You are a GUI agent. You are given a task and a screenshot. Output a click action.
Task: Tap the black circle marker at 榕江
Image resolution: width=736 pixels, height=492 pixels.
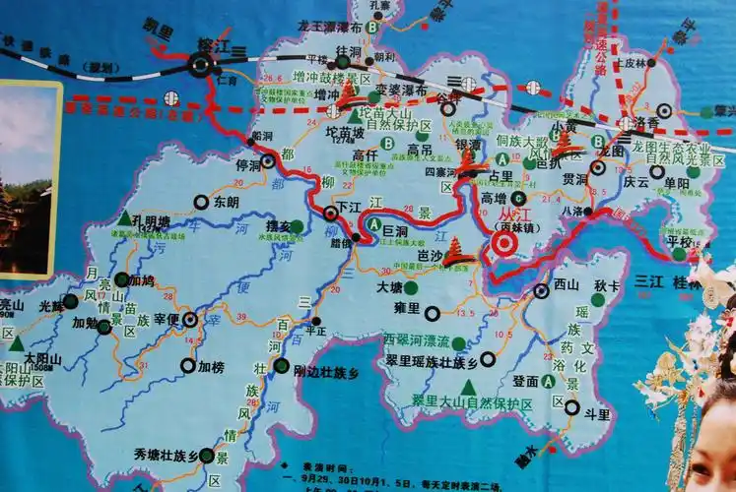coord(200,66)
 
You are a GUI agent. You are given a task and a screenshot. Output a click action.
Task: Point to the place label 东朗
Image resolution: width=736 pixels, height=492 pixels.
coord(225,202)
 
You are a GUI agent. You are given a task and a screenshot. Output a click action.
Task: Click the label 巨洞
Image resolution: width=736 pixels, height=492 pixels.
coord(394,229)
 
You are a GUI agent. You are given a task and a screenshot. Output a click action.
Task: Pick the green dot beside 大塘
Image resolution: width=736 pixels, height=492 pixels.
coord(410,288)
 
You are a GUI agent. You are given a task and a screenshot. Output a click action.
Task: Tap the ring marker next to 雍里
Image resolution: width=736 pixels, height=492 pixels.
coord(432,313)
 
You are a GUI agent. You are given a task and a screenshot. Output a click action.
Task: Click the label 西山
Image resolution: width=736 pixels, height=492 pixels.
coord(567,284)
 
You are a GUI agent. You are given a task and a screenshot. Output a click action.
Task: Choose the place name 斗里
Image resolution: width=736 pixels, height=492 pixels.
coord(597,415)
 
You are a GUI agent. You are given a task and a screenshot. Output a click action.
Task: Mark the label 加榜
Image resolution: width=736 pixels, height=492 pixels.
coord(211,366)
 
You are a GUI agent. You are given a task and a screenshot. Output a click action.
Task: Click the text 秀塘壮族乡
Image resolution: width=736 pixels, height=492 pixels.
coord(166,455)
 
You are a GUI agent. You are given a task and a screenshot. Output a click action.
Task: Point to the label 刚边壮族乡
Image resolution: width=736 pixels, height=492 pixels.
coord(326,372)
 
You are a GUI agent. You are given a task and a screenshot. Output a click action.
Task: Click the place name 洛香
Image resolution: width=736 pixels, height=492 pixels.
coord(646,122)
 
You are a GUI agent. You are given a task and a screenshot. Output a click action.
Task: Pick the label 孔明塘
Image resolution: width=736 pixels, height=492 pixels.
coord(151,220)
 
